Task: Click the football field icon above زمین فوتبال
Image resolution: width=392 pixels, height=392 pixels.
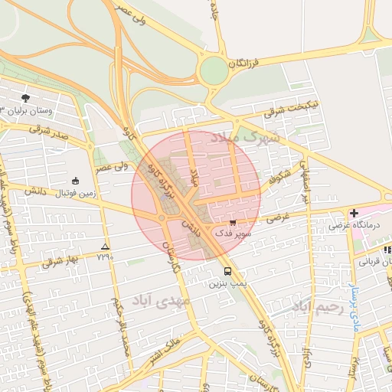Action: [75, 181]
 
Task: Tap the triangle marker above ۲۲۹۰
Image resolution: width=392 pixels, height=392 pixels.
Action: [105, 246]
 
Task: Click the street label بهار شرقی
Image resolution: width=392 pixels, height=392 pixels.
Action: [62, 261]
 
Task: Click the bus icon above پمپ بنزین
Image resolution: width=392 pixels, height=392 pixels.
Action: [227, 271]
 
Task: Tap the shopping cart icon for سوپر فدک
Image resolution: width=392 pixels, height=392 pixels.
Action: [233, 223]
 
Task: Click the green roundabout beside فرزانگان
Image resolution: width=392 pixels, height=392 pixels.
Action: [214, 71]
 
